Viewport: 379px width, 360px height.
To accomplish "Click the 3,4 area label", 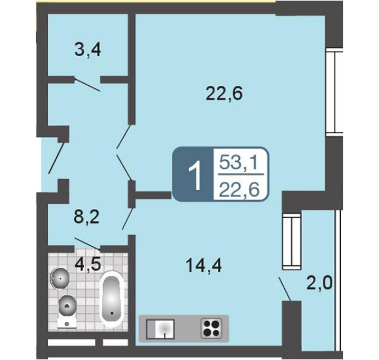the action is (88, 51).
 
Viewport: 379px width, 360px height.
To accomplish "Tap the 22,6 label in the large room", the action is (224, 94).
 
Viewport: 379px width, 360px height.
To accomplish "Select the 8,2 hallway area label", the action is (86, 218).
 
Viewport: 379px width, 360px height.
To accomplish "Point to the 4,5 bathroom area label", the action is (88, 265).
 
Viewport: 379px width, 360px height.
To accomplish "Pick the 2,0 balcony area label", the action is (320, 284).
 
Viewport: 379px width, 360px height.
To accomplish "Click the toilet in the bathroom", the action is (67, 311).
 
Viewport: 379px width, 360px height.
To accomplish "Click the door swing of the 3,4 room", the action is (87, 85).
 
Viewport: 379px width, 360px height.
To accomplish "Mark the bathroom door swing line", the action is (87, 243).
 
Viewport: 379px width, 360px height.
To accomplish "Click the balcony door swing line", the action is (285, 290).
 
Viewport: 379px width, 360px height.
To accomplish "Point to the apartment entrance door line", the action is (57, 157).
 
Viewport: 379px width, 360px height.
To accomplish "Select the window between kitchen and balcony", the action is (292, 241).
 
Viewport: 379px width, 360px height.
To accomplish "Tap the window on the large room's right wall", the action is (334, 92).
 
